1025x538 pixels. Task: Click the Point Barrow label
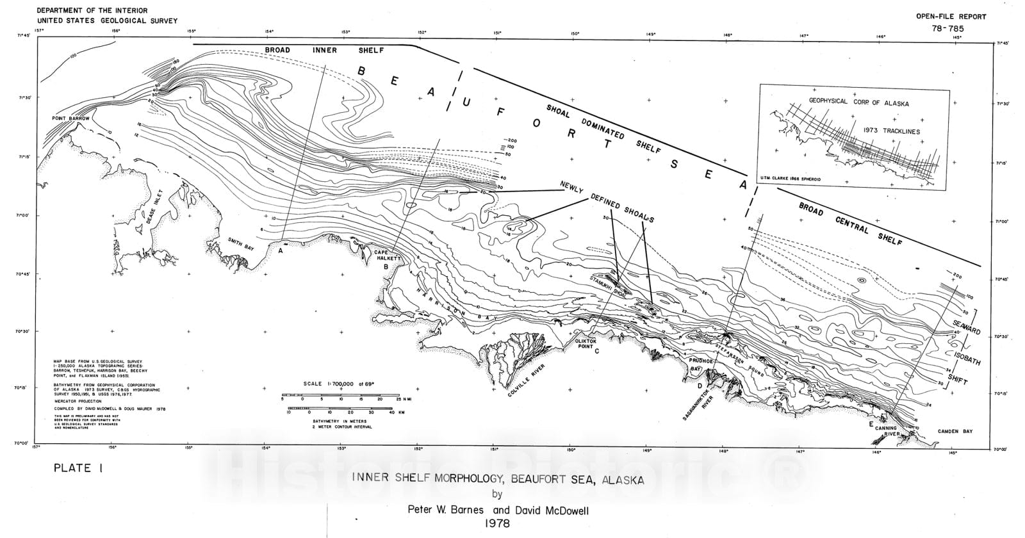tap(71, 119)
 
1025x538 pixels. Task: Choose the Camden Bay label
tap(955, 432)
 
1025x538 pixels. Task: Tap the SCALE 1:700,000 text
tap(339, 384)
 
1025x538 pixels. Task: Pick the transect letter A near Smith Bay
tap(281, 251)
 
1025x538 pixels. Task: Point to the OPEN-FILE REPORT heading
tap(951, 17)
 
